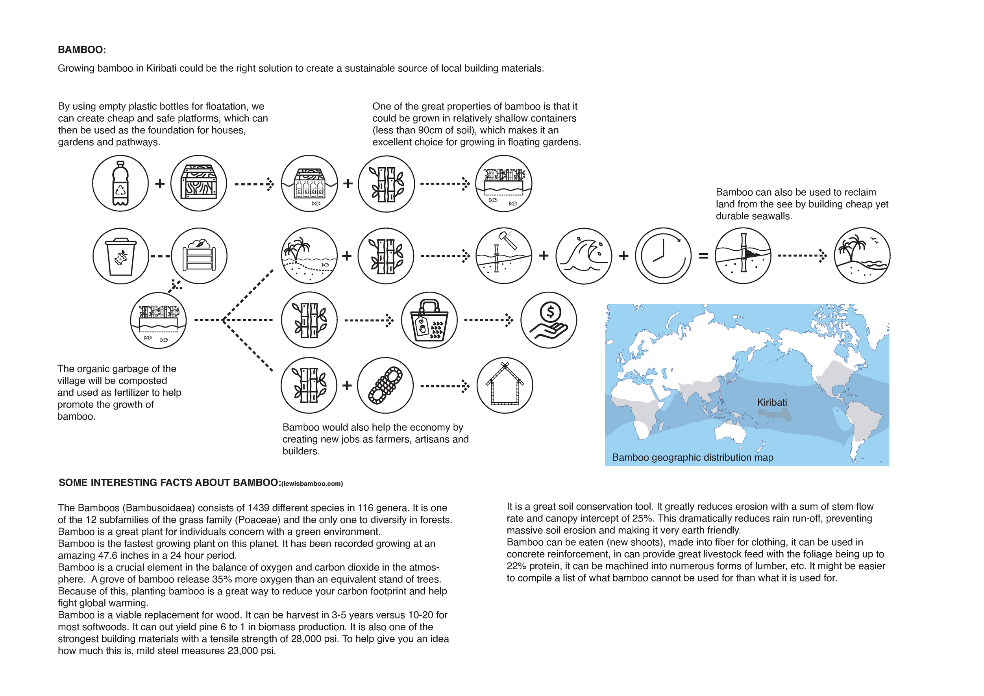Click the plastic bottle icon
[120, 183]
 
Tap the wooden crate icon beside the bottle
[198, 183]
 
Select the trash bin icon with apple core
[121, 256]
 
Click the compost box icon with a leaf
[199, 256]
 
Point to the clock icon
[663, 256]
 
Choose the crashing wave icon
[584, 256]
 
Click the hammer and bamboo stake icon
[504, 256]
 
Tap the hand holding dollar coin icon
[549, 320]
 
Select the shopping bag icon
[429, 320]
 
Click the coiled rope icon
[385, 385]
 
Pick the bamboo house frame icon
[505, 385]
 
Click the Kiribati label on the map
[772, 402]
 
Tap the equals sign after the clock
[703, 256]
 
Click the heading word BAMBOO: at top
[82, 50]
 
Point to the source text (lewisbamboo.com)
[312, 484]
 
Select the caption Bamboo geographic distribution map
[693, 457]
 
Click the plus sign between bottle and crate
[160, 184]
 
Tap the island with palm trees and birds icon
[862, 256]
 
